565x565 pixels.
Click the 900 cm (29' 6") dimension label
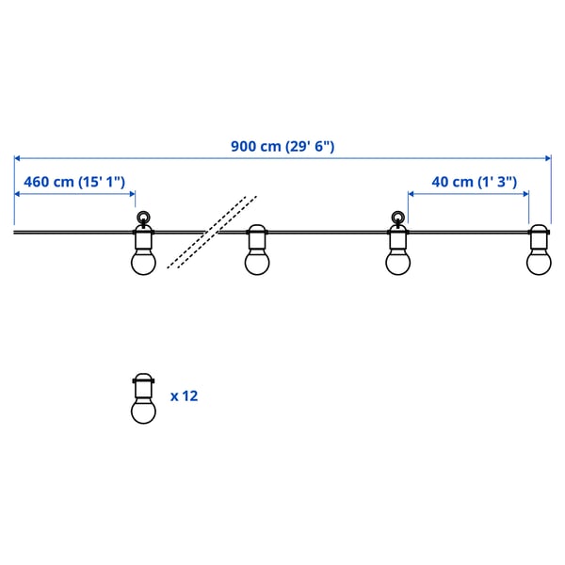click(x=282, y=147)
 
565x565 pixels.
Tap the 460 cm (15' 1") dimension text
click(x=74, y=182)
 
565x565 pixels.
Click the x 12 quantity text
click(x=185, y=396)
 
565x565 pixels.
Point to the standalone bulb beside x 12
click(x=142, y=399)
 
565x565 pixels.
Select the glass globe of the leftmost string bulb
click(x=142, y=262)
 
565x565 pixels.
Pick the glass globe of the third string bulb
click(x=397, y=262)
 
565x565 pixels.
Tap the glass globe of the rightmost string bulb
click(x=539, y=262)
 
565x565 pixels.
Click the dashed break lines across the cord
click(x=213, y=232)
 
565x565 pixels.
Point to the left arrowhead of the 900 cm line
click(x=18, y=158)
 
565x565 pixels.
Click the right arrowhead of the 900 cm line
click(x=547, y=158)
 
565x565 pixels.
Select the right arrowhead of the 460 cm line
click(x=133, y=193)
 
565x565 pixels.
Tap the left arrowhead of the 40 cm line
click(x=412, y=193)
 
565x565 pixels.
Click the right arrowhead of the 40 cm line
click(x=525, y=193)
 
